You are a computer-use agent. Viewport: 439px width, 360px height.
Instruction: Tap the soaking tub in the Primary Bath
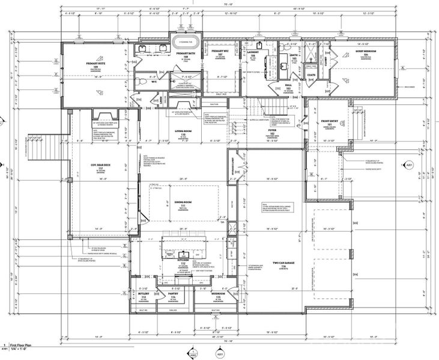click(x=186, y=43)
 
